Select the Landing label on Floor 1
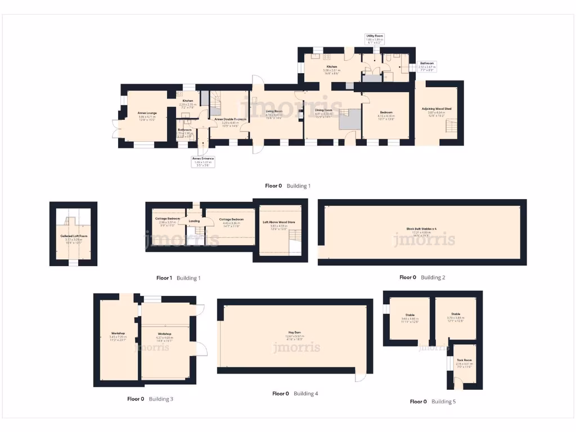[x=194, y=221]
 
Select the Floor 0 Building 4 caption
[x=295, y=394]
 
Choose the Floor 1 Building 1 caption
[x=178, y=278]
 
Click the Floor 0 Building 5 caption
[x=433, y=402]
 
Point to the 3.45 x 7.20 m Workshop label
[x=118, y=335]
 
